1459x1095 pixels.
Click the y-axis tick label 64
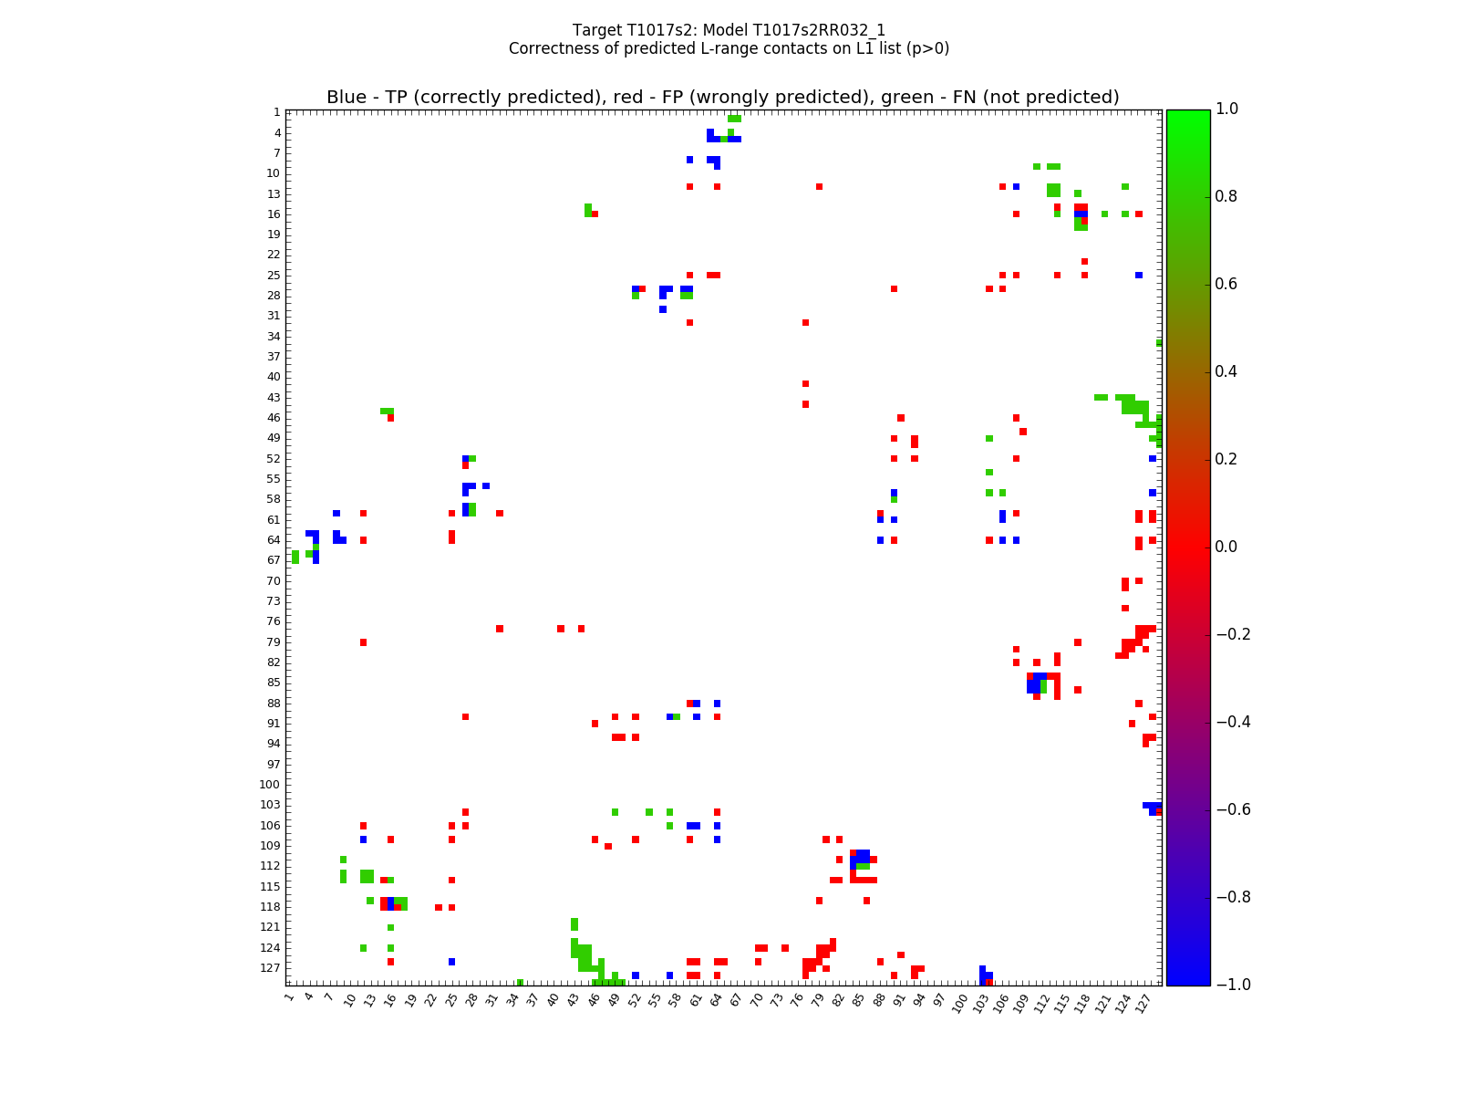[x=274, y=540]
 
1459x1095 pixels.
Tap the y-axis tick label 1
[x=276, y=112]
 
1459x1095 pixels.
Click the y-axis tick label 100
[x=270, y=785]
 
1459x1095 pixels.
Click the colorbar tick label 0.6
[x=1227, y=284]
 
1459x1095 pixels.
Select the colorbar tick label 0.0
[x=1227, y=547]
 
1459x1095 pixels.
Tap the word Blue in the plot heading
[x=347, y=98]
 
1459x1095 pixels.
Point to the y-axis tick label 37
[x=274, y=357]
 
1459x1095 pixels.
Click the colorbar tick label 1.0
[x=1227, y=109]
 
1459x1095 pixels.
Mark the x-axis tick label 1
[x=289, y=997]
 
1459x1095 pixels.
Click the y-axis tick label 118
[x=270, y=907]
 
